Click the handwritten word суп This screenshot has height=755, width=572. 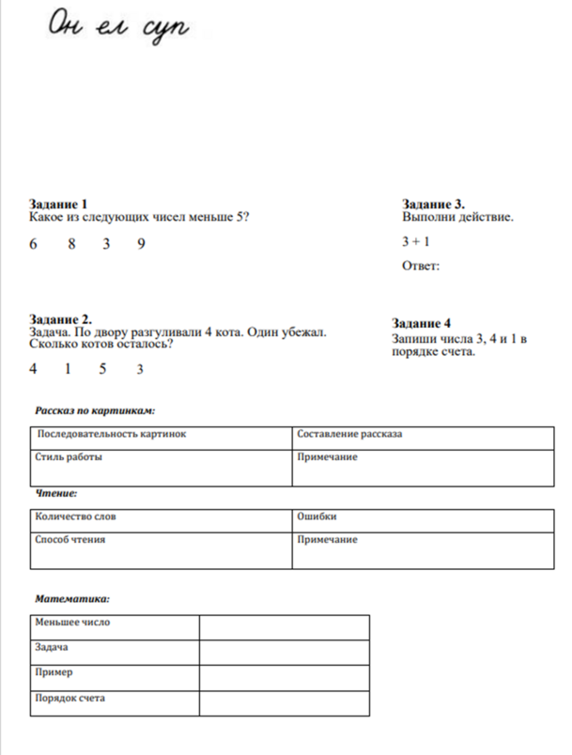pyautogui.click(x=165, y=28)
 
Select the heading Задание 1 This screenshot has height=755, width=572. pyautogui.click(x=58, y=204)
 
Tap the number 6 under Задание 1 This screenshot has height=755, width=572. pyautogui.click(x=34, y=244)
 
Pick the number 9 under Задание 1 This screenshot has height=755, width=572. pyautogui.click(x=141, y=244)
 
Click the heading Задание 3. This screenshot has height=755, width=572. pyautogui.click(x=433, y=204)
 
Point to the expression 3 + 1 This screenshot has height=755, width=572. pyautogui.click(x=415, y=241)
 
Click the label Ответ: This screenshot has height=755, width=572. pyautogui.click(x=421, y=266)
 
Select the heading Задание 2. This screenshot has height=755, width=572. pyautogui.click(x=60, y=319)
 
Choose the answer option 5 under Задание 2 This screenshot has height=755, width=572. pyautogui.click(x=102, y=369)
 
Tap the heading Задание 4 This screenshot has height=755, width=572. pyautogui.click(x=421, y=322)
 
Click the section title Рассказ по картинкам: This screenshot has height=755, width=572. pyautogui.click(x=95, y=410)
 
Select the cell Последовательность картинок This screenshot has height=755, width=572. pyautogui.click(x=112, y=435)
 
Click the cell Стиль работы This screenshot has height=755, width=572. pyautogui.click(x=69, y=457)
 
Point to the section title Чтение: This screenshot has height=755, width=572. pyautogui.click(x=56, y=493)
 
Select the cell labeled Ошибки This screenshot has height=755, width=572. pyautogui.click(x=317, y=516)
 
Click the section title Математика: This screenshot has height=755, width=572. pyautogui.click(x=72, y=598)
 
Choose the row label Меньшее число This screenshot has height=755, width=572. pyautogui.click(x=73, y=622)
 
